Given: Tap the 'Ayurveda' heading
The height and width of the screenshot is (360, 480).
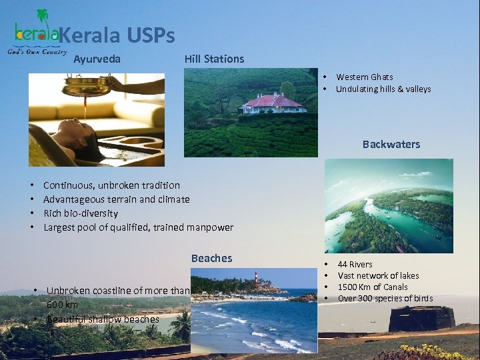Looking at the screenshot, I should pos(97,59).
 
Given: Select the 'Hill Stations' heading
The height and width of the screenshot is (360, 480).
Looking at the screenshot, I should pos(214,59).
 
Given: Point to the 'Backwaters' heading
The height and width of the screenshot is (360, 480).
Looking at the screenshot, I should pos(391,144).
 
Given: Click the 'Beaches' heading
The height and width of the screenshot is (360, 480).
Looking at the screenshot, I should pos(211,258).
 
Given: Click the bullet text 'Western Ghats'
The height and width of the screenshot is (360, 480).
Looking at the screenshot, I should pos(364,77).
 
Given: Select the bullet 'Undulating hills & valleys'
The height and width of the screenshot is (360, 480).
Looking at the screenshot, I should pos(383,89).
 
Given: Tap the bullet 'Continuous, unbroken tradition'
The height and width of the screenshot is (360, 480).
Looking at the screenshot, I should pos(111,185).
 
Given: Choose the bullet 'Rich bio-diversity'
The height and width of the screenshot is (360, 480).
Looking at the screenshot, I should pos(81,213).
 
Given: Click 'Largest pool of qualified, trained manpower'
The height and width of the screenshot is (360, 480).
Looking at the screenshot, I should pos(138,227).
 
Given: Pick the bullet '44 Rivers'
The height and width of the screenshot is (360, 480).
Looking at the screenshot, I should pos(355,264).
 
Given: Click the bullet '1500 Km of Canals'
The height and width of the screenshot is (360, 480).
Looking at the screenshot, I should pos(372,287).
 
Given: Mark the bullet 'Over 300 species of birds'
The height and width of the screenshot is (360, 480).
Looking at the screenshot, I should pos(385,298).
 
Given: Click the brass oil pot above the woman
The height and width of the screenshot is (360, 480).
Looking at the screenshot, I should pos(85,86).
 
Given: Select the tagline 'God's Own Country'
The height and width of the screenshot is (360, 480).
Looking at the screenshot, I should pos(37,52).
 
